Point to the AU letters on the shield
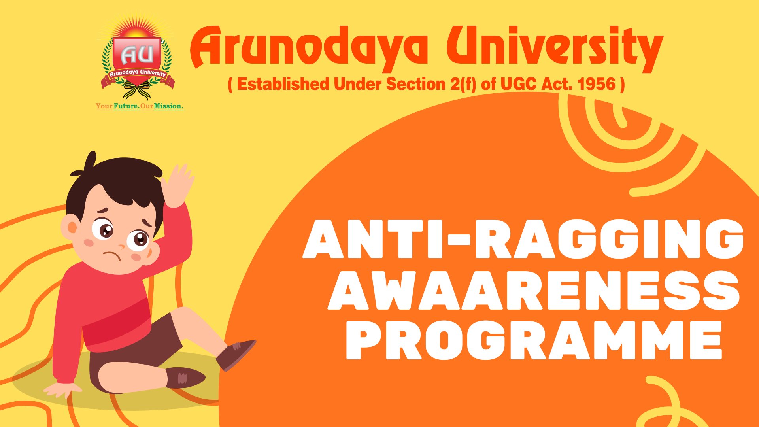tap(137, 55)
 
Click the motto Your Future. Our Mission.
tap(140, 106)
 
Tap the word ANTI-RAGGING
tap(523, 239)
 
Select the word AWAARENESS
tap(534, 291)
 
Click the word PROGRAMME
tap(534, 341)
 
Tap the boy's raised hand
tap(179, 184)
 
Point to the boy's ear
tap(72, 228)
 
